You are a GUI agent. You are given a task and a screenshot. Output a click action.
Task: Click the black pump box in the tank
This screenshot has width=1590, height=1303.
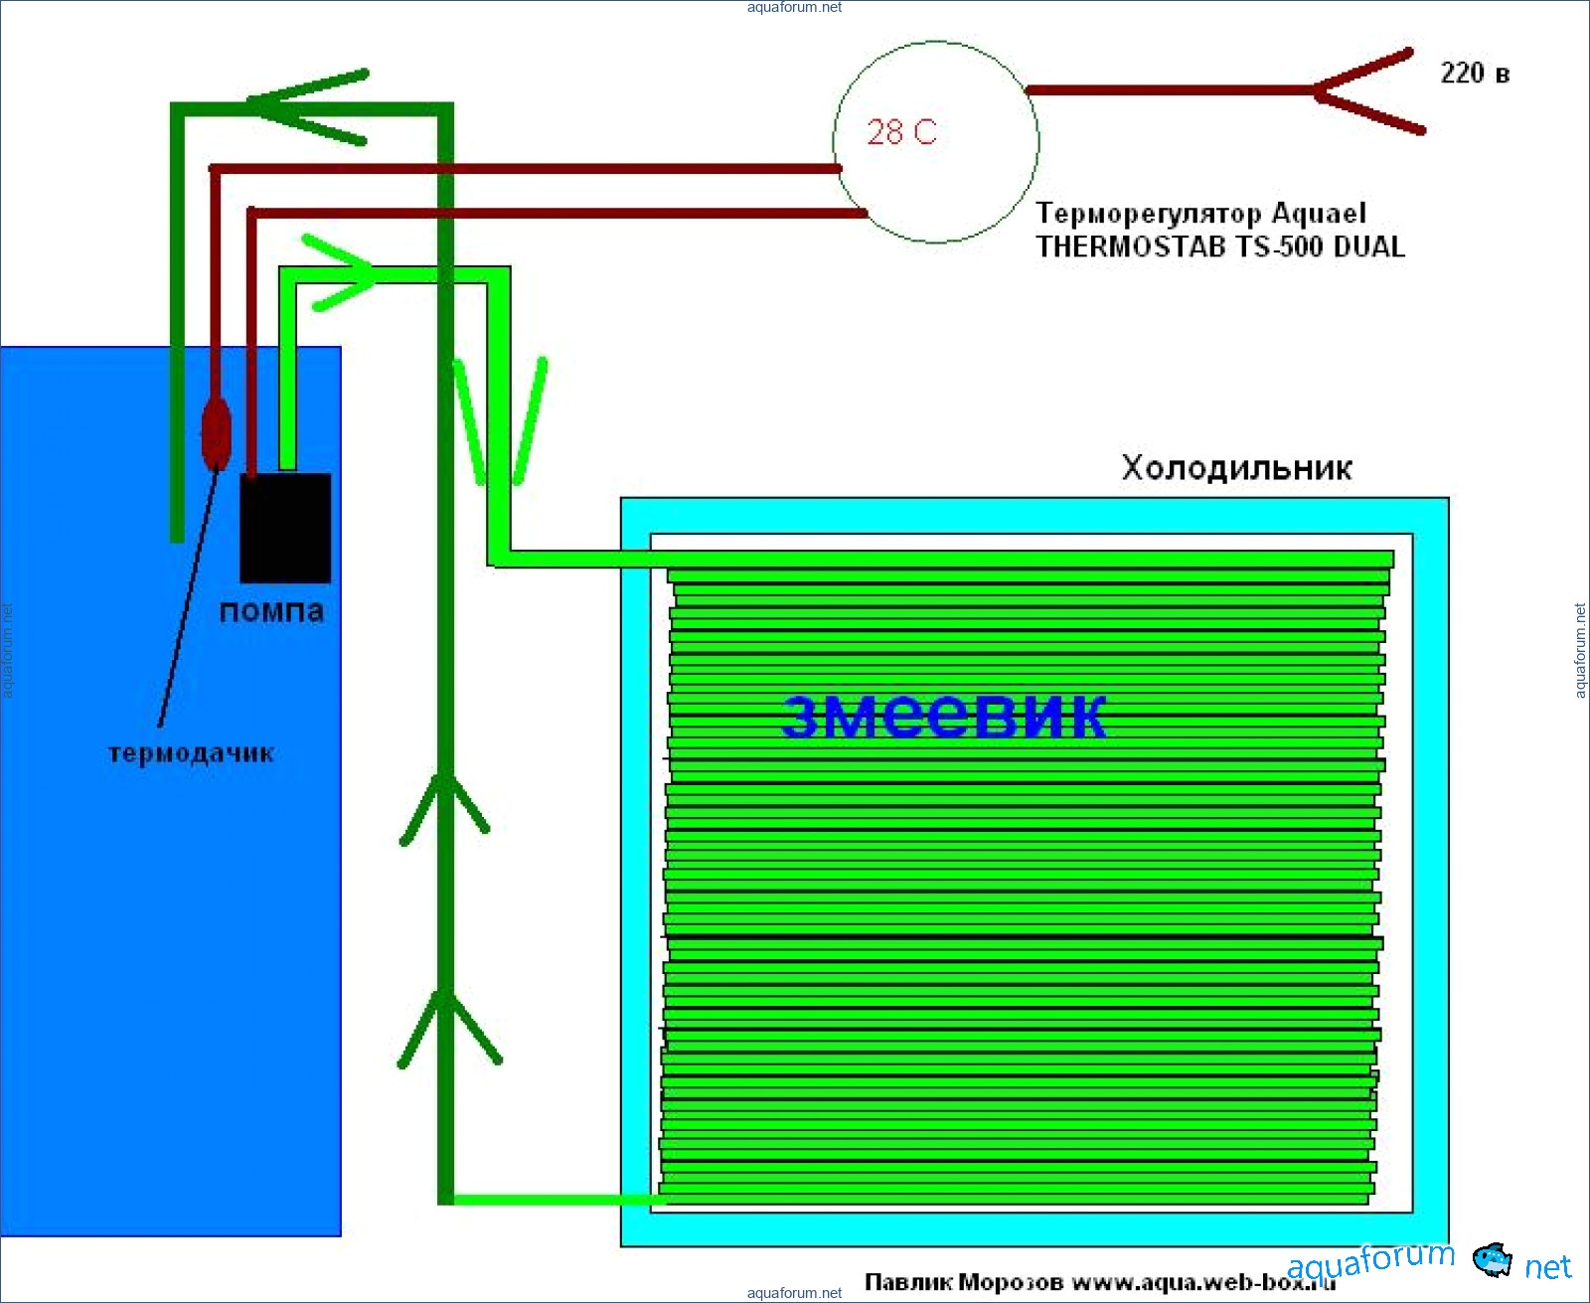pos(285,527)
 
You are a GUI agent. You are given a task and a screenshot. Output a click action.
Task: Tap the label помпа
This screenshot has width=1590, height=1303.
pos(271,611)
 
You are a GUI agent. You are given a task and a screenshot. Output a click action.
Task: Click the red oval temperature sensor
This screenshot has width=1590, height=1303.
pos(216,433)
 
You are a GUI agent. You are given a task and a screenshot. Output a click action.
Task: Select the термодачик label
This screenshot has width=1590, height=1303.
pos(191,753)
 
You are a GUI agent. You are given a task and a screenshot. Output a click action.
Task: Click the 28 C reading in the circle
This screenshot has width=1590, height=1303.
pos(901,132)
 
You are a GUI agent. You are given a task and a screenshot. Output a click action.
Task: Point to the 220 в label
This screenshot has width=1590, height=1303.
pos(1475,74)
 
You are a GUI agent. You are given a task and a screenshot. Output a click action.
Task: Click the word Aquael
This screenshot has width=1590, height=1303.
pos(1319,214)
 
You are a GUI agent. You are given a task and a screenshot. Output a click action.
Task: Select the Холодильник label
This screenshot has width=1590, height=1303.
pos(1236,468)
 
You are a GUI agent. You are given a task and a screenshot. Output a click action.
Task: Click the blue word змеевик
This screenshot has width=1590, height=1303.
pos(944,716)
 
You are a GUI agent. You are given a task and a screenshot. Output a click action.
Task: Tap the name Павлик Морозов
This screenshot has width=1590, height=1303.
pos(963,1282)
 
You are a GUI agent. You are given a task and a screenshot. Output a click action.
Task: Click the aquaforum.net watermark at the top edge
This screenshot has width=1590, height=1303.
pos(794,7)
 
